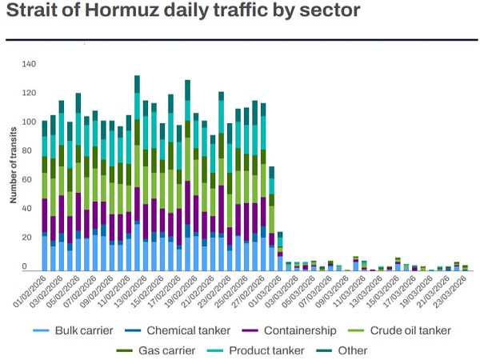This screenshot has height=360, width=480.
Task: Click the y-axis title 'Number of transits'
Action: click(14, 165)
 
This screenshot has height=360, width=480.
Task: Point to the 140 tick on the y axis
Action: click(30, 64)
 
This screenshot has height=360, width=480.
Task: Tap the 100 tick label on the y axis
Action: click(30, 122)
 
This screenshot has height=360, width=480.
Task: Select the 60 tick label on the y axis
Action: click(30, 180)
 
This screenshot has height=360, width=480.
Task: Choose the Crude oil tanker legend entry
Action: click(404, 330)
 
